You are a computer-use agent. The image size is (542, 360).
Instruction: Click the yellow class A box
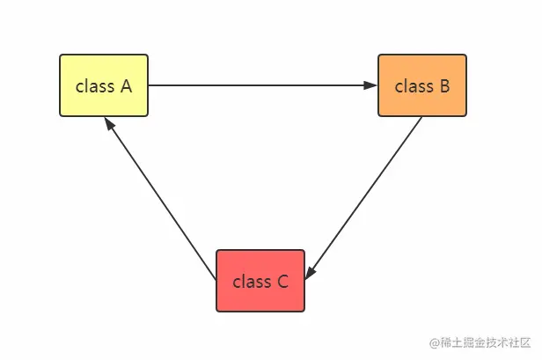(x=104, y=85)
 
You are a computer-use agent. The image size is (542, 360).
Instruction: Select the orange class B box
(x=422, y=85)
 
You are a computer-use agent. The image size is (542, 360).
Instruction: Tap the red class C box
(x=260, y=281)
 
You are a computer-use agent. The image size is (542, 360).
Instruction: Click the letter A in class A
(x=126, y=85)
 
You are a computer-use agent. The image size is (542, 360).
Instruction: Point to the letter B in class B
(x=445, y=85)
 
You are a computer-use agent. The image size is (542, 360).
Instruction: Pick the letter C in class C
(x=282, y=281)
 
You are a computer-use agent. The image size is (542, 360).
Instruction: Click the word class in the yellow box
(x=95, y=85)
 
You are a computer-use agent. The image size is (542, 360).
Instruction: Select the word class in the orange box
(x=414, y=85)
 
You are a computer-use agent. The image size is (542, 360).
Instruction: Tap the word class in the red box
(x=252, y=281)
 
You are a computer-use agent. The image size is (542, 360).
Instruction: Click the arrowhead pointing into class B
(x=370, y=85)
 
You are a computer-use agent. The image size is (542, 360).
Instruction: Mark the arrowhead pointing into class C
(x=310, y=273)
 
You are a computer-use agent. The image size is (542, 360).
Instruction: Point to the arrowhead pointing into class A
(x=109, y=123)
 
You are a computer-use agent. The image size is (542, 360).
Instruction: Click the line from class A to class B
(x=263, y=85)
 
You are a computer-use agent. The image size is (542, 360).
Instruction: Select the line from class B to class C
(x=363, y=198)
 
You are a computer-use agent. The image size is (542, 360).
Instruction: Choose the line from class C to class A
(x=160, y=199)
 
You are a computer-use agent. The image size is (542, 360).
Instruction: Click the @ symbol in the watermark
(x=435, y=342)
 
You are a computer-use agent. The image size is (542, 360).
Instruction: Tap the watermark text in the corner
(x=480, y=342)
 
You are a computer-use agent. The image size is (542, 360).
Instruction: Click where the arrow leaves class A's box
(x=149, y=85)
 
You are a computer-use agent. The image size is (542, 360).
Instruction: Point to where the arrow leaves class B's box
(x=421, y=117)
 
